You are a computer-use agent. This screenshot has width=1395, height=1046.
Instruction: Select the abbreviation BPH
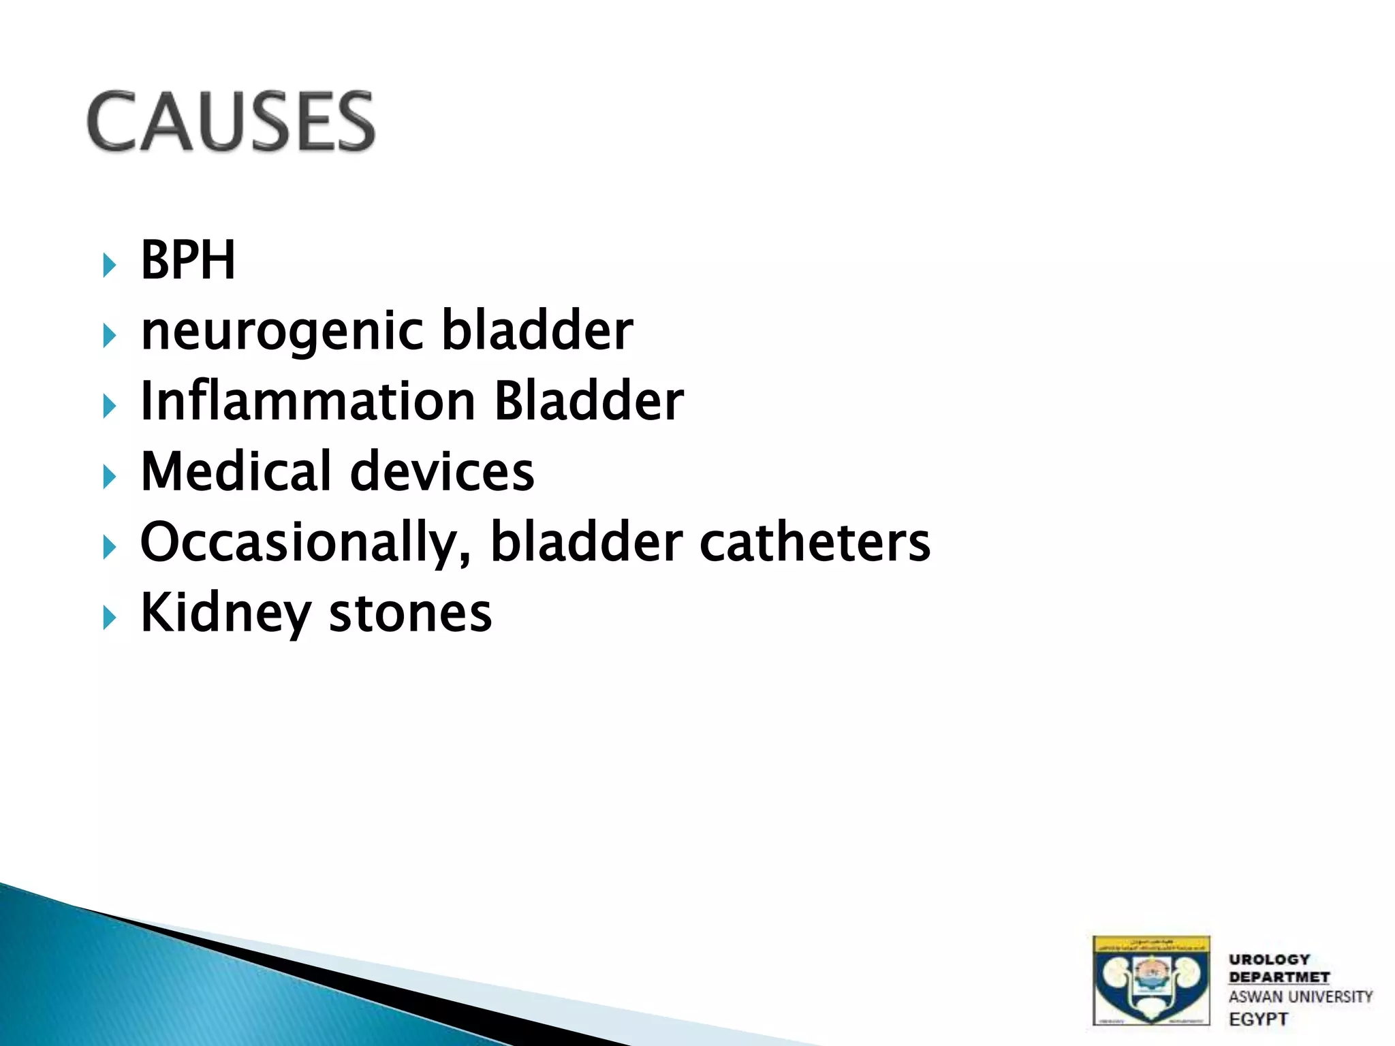tap(188, 260)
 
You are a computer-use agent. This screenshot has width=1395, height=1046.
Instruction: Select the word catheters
tap(815, 542)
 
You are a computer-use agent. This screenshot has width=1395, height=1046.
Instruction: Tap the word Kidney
tap(225, 613)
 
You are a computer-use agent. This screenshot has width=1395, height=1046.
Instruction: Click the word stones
tap(410, 613)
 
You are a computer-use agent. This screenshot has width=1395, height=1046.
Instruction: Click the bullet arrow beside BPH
tap(109, 264)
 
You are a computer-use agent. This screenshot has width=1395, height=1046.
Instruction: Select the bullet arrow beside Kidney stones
tap(109, 618)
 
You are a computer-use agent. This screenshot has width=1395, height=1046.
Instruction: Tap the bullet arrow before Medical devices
tap(109, 477)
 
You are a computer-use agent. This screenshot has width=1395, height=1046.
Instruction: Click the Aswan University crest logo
tap(1151, 981)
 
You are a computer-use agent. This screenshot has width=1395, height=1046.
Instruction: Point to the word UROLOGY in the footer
tap(1269, 960)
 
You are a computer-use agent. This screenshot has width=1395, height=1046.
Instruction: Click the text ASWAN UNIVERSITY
tap(1300, 997)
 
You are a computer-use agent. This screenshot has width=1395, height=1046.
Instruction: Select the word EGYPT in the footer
tap(1258, 1019)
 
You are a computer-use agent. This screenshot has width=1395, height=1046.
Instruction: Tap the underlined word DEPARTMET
tap(1279, 977)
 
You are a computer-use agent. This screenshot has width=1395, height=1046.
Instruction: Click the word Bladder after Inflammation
tap(589, 401)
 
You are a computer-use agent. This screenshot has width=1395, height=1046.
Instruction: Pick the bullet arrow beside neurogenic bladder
tap(109, 336)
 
